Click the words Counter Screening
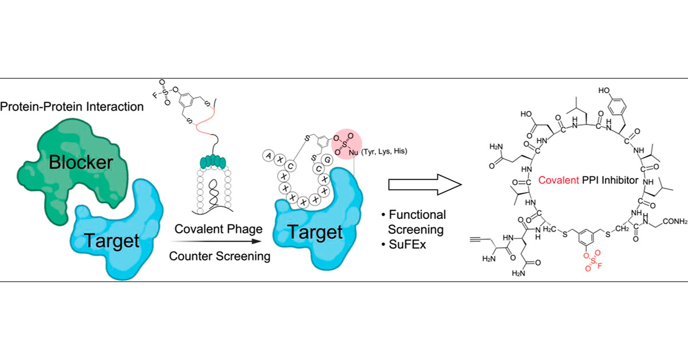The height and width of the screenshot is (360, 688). click(x=219, y=256)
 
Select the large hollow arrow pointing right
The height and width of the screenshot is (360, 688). click(x=425, y=185)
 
